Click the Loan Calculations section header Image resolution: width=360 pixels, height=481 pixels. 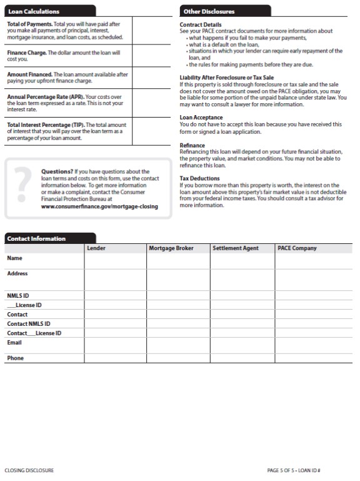pos(34,12)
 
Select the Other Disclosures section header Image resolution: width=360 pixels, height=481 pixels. pos(209,11)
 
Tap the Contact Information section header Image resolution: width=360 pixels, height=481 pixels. pos(36,238)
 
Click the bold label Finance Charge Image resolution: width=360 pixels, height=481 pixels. pos(26,53)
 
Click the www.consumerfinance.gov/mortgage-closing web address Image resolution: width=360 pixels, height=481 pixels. pos(99,206)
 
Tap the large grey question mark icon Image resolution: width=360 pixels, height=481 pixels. pos(22,187)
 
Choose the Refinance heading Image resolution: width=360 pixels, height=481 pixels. pos(192,145)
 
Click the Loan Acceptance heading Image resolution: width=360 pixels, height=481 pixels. pos(201,117)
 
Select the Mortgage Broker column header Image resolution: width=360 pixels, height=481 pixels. pos(171,248)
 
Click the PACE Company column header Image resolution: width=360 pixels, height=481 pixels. pos(297,248)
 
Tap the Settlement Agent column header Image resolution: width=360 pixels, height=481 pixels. pos(236,248)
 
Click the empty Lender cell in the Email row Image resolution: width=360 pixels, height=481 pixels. pos(115,346)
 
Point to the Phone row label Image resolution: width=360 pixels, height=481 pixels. pos(16,358)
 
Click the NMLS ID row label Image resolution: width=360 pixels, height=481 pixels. pos(18,295)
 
